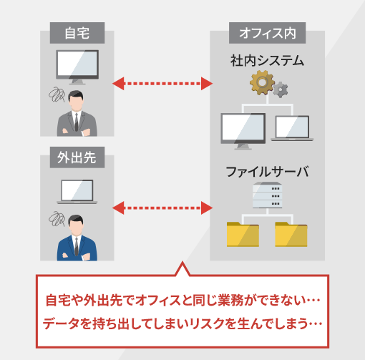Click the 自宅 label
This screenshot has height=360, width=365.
pos(77,33)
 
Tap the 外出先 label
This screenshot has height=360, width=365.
pos(77,157)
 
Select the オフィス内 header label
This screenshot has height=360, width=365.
pos(267,33)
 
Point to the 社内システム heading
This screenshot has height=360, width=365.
pos(267,61)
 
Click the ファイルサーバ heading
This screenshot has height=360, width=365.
pos(267,172)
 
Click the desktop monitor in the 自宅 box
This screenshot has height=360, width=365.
pos(77,67)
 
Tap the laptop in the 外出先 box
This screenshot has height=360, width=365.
pos(77,192)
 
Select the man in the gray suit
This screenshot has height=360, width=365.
pos(77,114)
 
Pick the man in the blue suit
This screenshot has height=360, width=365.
pos(77,238)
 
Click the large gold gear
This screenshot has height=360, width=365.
pos(262,82)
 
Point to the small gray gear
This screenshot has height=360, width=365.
pos(281,89)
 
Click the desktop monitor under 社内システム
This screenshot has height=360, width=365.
pos(243,131)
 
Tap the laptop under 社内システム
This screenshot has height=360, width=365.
pos(292,128)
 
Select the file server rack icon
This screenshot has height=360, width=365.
pos(268,195)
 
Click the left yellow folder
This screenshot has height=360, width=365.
pos(243,234)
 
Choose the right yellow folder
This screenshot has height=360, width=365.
pos(291,234)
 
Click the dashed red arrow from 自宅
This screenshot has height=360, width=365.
pos(162,84)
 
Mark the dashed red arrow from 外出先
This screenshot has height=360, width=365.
pos(162,208)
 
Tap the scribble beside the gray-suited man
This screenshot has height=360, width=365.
pos(57,94)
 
